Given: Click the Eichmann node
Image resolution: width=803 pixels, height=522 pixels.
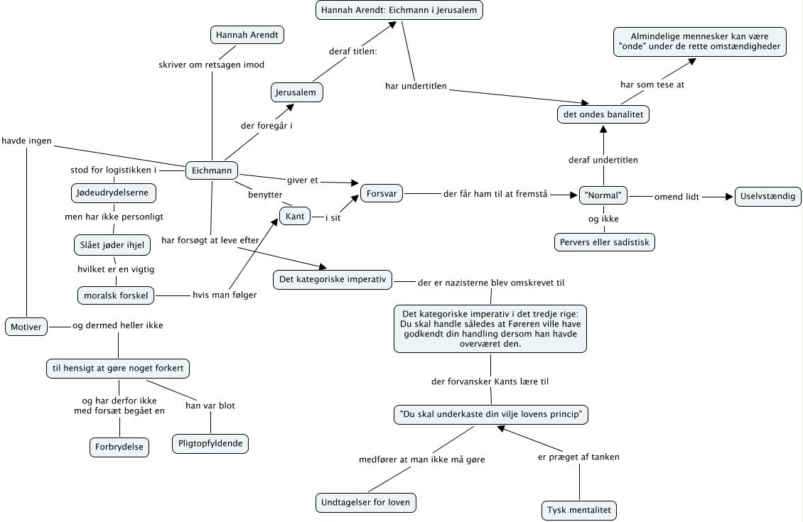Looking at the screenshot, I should (212, 170).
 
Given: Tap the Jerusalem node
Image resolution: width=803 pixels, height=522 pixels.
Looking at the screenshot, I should (297, 92).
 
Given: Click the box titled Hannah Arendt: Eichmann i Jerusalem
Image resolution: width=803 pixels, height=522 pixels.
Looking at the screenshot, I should (400, 10).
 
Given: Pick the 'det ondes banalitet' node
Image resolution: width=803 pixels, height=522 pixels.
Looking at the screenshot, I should (603, 114).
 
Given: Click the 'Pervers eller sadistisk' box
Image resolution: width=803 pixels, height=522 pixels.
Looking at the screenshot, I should (605, 242).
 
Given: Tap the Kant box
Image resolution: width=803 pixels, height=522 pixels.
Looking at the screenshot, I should (295, 216).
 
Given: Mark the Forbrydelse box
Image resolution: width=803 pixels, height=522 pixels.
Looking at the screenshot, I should (119, 447).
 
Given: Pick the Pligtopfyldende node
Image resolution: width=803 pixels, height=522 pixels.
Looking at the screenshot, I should (210, 444).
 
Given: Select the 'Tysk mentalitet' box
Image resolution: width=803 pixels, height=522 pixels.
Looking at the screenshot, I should (579, 510).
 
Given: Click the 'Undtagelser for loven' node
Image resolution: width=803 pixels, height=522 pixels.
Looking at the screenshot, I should (366, 504).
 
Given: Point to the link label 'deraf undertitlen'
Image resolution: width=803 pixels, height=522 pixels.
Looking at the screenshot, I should (603, 160).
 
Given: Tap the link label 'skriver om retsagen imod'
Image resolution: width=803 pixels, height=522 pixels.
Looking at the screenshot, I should (211, 65).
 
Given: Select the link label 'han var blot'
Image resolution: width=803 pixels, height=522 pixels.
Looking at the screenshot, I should (210, 406).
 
